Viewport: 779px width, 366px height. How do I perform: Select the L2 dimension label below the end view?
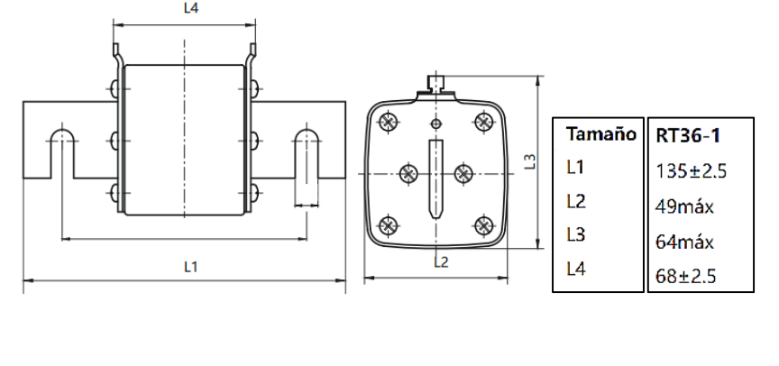(x=441, y=263)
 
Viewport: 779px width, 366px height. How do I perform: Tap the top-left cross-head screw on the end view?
(x=389, y=120)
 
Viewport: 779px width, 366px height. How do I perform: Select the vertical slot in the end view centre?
(x=436, y=180)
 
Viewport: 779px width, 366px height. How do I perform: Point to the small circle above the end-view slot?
(x=436, y=124)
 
